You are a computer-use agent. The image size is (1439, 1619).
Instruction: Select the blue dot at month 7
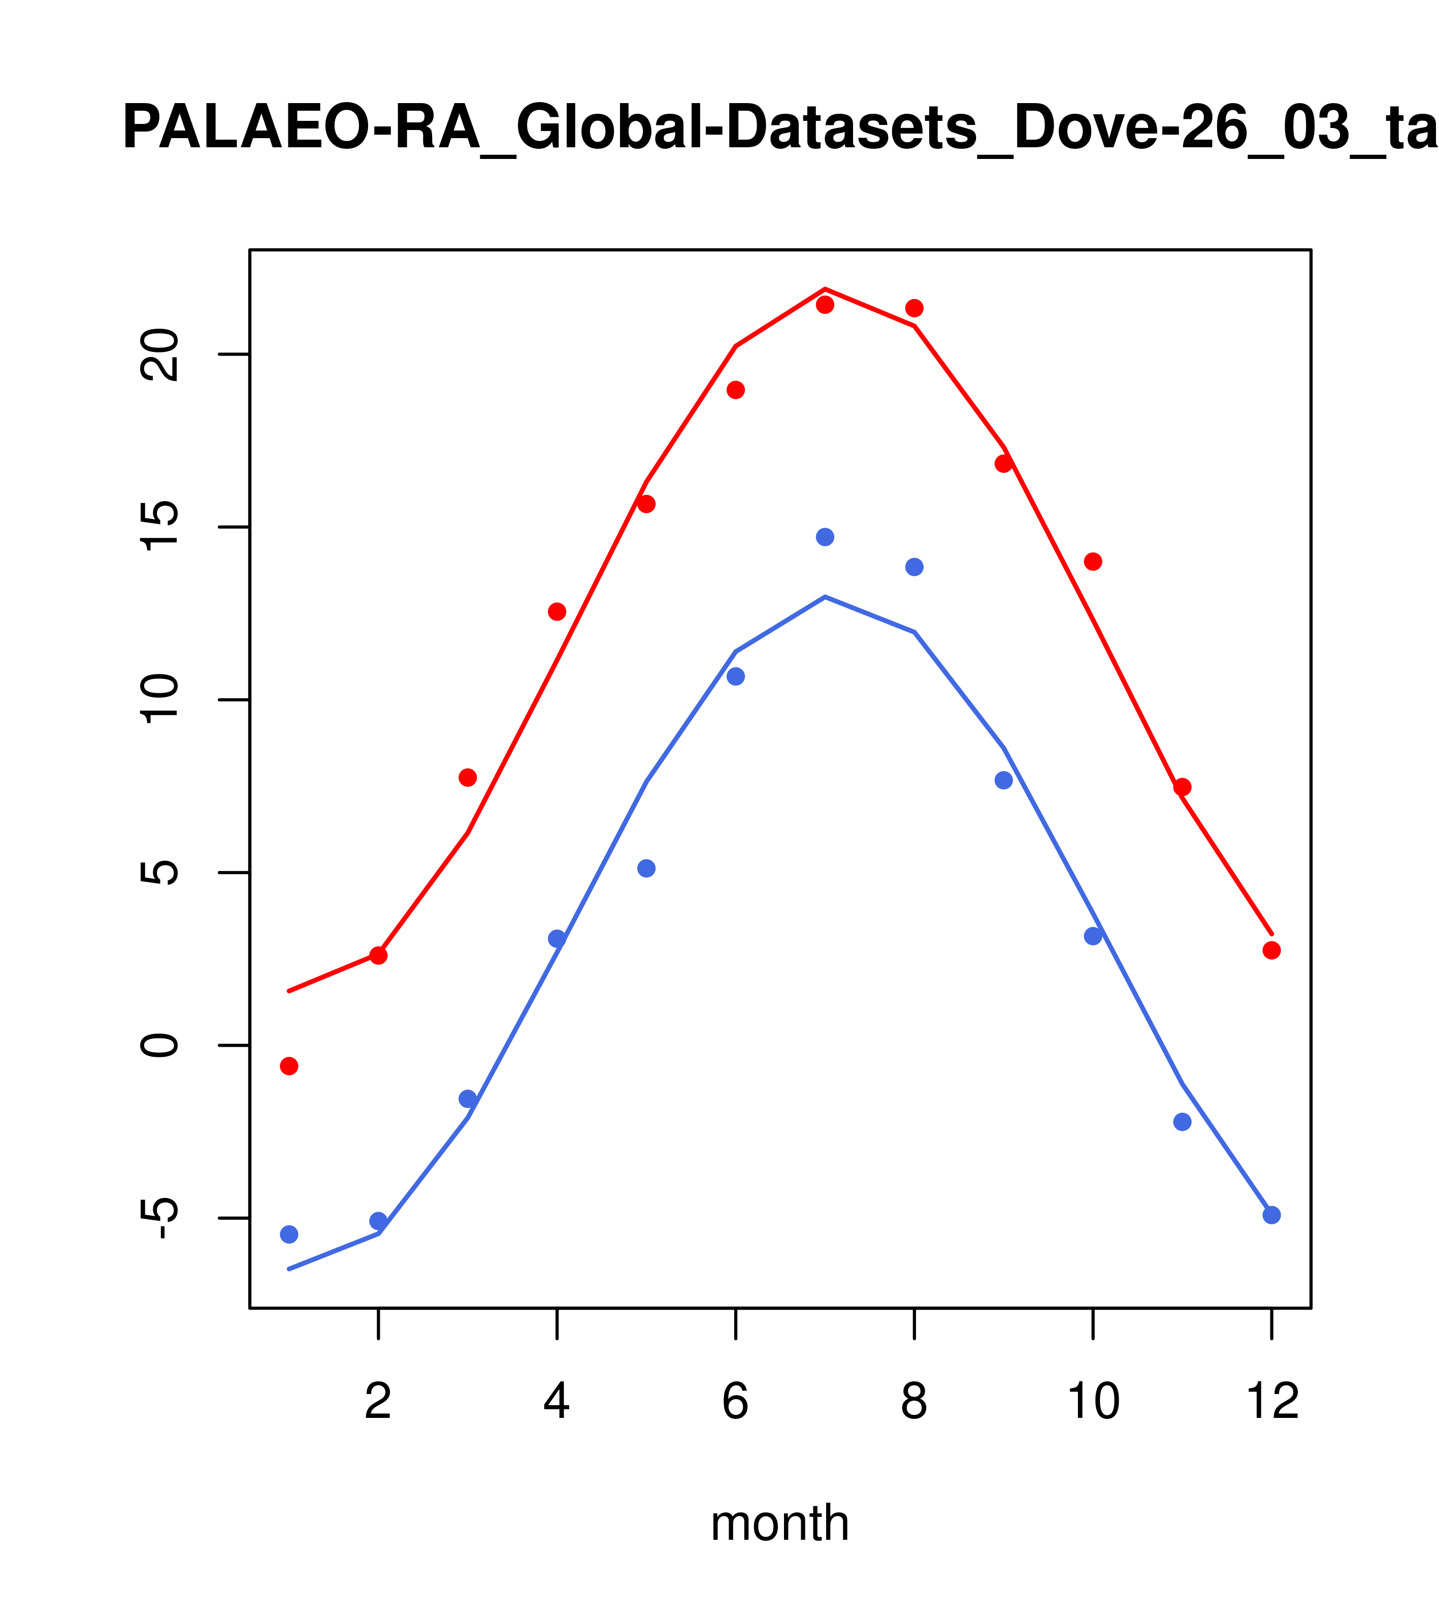click(x=825, y=537)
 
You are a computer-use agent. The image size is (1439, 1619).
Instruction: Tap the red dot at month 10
click(x=1093, y=562)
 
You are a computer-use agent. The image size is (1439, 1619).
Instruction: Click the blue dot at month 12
click(x=1271, y=1215)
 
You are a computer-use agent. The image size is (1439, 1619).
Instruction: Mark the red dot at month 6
click(x=736, y=390)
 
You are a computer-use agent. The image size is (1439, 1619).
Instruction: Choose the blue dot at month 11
click(x=1183, y=1122)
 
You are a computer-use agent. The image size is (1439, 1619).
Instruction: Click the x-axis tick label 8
click(x=914, y=1403)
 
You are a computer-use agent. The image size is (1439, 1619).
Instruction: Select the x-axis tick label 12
click(x=1272, y=1403)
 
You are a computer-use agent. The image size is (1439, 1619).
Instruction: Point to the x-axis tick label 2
click(x=379, y=1403)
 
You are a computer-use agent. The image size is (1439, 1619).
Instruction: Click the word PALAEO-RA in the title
click(x=302, y=128)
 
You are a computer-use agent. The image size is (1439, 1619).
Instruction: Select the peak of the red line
click(x=825, y=289)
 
